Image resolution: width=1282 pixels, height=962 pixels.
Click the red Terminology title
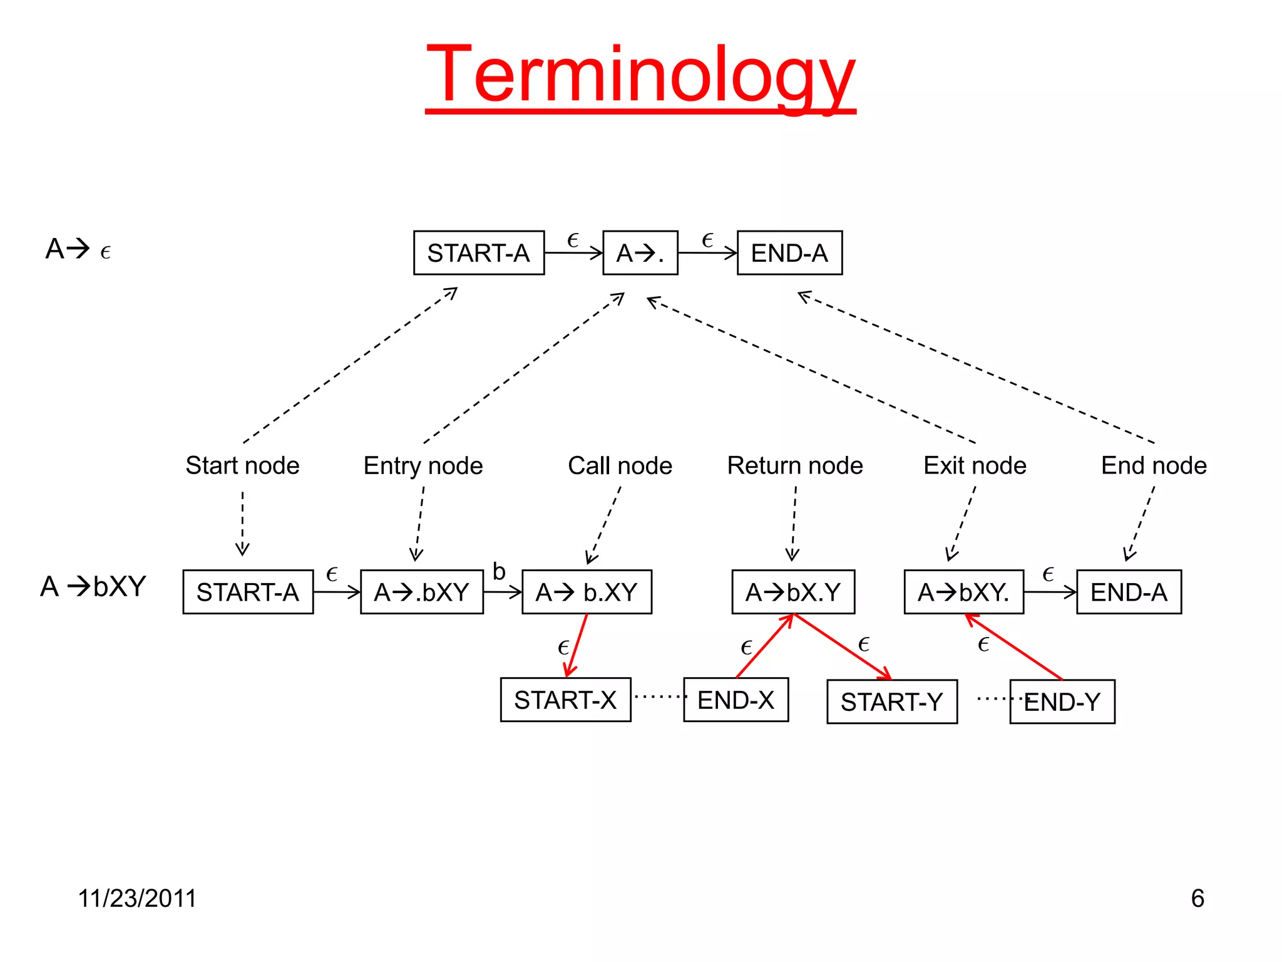(640, 76)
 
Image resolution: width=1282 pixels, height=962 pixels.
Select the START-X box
(565, 700)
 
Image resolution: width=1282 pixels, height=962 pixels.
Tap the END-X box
(736, 700)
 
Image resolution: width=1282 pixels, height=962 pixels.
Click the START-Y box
(892, 701)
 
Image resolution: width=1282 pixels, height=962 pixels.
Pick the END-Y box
(1062, 701)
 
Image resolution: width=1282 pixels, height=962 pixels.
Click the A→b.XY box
(587, 592)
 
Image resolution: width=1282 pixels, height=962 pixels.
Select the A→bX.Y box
(793, 592)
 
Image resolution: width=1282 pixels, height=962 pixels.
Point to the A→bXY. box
(964, 592)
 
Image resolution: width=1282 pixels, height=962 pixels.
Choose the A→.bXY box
(422, 592)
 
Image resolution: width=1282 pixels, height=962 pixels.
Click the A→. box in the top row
(640, 253)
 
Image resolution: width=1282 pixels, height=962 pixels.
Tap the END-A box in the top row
(789, 253)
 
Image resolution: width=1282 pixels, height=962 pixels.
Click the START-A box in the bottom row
(248, 592)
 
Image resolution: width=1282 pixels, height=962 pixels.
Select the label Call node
(620, 465)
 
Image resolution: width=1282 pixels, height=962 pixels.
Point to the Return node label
(795, 465)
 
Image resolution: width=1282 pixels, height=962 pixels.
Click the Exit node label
(975, 465)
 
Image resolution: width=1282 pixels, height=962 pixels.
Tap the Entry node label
(423, 465)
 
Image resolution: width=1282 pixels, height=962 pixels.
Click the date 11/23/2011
(137, 898)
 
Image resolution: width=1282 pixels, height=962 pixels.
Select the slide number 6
(1197, 898)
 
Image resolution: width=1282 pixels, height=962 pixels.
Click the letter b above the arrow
(499, 571)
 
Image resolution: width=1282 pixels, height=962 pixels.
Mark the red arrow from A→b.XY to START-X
(577, 645)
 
